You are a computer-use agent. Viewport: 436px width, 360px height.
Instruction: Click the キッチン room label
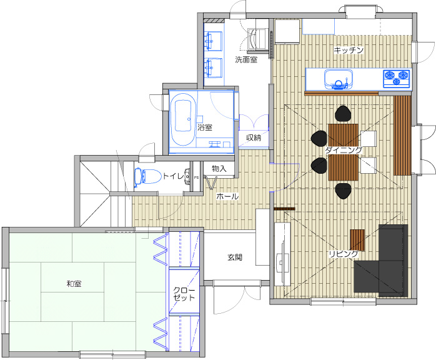click(349, 50)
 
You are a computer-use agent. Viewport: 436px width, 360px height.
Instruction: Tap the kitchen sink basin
click(339, 79)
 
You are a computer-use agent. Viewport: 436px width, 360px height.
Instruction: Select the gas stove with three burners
click(397, 79)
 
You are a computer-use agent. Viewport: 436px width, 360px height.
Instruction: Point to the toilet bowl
click(148, 176)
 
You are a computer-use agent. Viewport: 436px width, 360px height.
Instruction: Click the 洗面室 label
click(246, 59)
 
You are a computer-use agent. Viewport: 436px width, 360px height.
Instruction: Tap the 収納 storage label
click(254, 137)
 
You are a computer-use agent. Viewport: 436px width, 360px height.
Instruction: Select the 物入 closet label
click(219, 168)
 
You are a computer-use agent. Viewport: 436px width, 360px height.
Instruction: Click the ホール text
click(227, 196)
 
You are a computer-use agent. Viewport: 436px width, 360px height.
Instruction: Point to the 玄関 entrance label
click(235, 257)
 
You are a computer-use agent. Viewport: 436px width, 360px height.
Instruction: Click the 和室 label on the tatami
click(74, 284)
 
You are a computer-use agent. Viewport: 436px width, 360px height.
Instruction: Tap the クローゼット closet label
click(184, 294)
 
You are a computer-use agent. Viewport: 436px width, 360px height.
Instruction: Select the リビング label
click(344, 254)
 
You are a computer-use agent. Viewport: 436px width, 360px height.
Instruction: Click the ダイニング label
click(344, 150)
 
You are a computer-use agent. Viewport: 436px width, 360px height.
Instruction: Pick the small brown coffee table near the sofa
click(357, 240)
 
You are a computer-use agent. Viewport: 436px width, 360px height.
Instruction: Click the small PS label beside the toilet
click(196, 177)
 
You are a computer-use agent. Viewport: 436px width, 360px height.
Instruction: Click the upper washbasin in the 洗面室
click(214, 41)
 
